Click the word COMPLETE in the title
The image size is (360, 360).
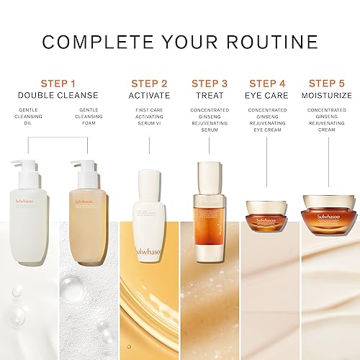tap(91, 41)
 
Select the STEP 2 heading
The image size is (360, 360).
tap(150, 84)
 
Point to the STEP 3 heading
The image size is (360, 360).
tap(209, 84)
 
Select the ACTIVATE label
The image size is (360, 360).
tap(150, 95)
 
